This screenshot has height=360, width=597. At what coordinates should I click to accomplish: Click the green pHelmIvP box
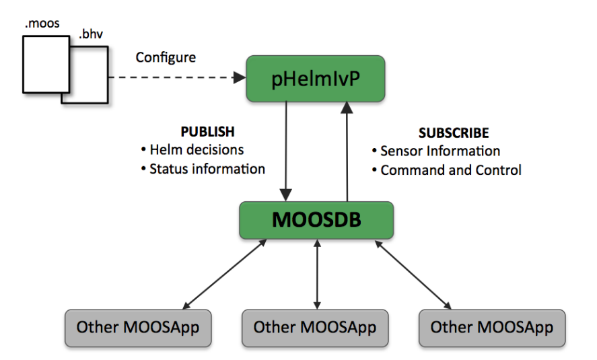[x=315, y=78]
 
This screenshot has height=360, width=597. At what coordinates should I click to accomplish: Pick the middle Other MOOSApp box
[x=315, y=328]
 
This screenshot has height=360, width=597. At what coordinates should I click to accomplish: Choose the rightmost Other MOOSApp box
[x=491, y=328]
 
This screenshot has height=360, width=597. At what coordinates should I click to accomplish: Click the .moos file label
[x=42, y=24]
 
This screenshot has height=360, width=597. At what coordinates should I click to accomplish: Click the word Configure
[x=166, y=57]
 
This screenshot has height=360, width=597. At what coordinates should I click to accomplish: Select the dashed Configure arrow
[x=175, y=79]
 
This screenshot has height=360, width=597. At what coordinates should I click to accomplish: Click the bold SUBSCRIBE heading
[x=453, y=133]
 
